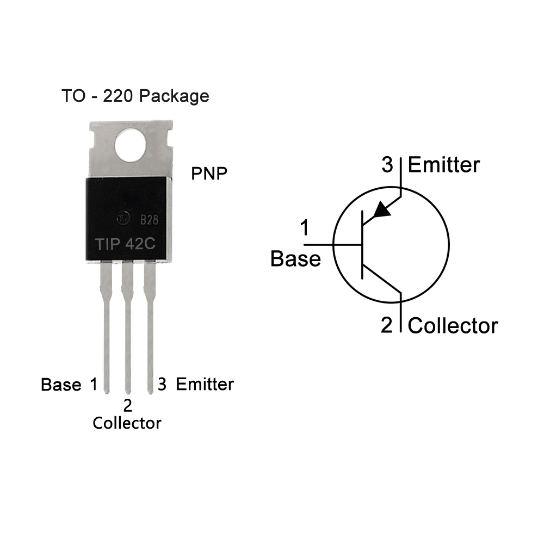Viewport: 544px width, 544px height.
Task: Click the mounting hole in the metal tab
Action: pyautogui.click(x=130, y=146)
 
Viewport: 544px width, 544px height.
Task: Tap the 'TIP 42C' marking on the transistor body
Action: pyautogui.click(x=125, y=244)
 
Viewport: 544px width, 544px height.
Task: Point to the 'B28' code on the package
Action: pyautogui.click(x=149, y=220)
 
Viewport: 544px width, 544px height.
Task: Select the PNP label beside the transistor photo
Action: pyautogui.click(x=209, y=174)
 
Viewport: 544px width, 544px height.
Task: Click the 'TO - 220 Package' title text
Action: pyautogui.click(x=135, y=96)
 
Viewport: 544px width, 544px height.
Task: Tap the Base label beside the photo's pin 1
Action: pyautogui.click(x=61, y=385)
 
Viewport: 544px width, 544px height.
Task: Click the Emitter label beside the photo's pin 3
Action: pyautogui.click(x=205, y=385)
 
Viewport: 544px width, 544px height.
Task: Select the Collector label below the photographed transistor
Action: pyautogui.click(x=127, y=423)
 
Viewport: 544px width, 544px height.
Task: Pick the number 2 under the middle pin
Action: pyautogui.click(x=128, y=406)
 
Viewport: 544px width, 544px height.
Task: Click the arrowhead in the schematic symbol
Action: pyautogui.click(x=382, y=209)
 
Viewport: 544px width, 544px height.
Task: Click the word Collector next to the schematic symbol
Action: pyautogui.click(x=453, y=326)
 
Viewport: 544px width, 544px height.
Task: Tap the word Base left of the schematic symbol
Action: pyautogui.click(x=295, y=259)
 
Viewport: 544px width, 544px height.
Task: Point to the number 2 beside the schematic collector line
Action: pyautogui.click(x=386, y=325)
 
